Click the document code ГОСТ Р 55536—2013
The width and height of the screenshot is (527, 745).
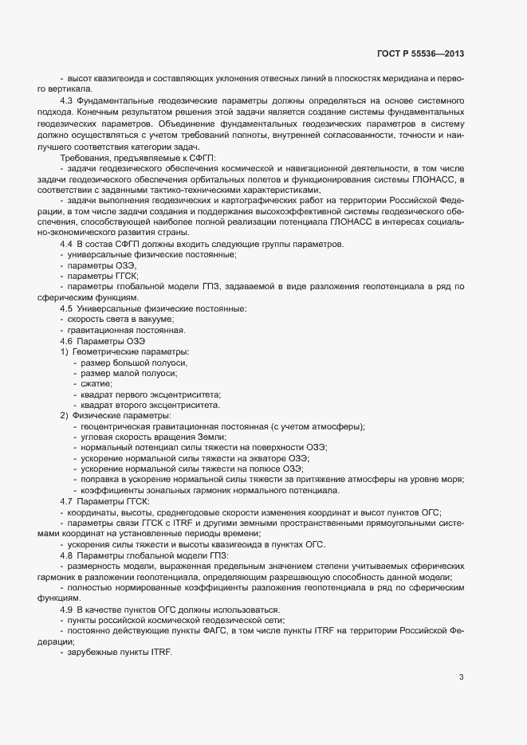pos(419,54)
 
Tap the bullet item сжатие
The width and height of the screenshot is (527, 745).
pos(96,384)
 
